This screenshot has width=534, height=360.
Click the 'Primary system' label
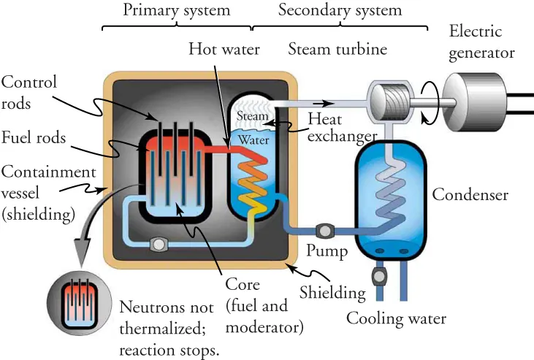[x=176, y=10]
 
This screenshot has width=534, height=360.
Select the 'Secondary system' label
[x=340, y=10]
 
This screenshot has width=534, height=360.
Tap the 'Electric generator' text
[x=481, y=42]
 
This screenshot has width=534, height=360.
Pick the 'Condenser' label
[x=470, y=195]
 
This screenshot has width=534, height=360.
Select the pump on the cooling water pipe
[x=378, y=277]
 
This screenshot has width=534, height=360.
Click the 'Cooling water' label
[x=396, y=319]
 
